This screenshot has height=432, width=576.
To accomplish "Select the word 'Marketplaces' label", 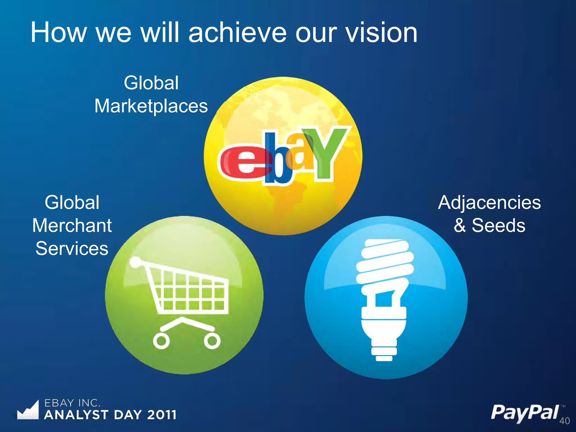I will pos(151,106).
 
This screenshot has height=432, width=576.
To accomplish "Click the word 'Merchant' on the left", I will pos(72,226).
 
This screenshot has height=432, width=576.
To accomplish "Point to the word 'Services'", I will pos(72,249).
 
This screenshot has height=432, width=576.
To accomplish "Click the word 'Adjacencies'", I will pos(489,202).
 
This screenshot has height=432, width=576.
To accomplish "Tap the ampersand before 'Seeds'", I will pos(460,226).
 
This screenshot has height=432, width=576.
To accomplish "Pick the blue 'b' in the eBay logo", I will pos(277,163).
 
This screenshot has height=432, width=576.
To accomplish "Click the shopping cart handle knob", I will pos(136,262).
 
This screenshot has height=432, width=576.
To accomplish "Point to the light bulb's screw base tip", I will pos(384,358).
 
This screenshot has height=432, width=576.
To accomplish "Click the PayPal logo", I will pos(525,413).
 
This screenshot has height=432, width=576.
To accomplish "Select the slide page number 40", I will pos(564,421).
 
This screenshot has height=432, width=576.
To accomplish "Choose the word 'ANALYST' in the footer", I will pos(76,415).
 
